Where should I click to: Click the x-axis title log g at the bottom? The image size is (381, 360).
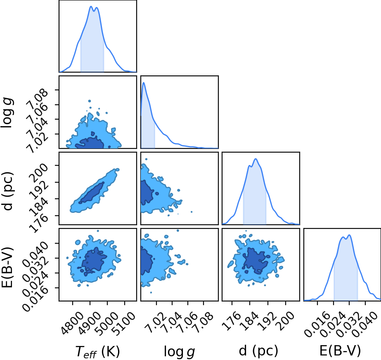180,351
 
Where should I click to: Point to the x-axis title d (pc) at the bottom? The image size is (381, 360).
258,351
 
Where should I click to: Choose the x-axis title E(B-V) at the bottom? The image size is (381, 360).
340,351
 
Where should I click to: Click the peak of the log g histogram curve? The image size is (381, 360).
144,82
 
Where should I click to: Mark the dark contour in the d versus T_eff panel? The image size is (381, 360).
92,192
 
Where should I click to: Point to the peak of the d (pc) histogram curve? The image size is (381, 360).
256,159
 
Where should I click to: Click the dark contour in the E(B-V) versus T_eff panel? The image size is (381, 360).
94,261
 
